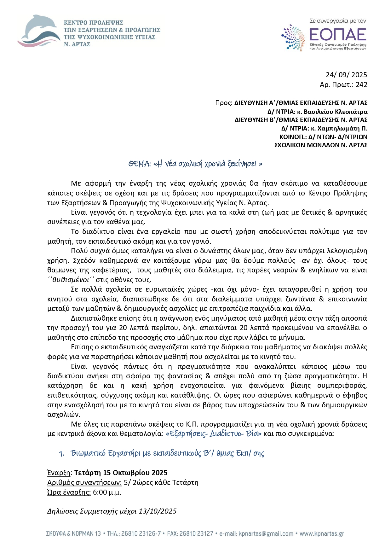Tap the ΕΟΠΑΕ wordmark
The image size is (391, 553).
click(337, 34)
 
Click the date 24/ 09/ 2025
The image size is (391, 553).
click(346, 75)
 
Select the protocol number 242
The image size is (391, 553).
click(361, 84)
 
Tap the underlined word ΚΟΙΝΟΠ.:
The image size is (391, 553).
click(293, 137)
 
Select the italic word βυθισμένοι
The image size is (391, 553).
click(71, 280)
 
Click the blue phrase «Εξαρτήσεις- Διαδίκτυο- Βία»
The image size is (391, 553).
click(213, 434)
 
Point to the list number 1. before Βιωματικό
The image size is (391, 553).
click(62, 454)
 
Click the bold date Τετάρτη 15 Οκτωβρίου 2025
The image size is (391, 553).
click(121, 473)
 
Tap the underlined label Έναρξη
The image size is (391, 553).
click(59, 473)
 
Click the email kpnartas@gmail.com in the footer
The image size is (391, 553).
click(266, 534)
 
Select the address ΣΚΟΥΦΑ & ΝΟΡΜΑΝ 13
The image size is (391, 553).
click(73, 534)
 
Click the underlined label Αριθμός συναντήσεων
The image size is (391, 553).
click(84, 482)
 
